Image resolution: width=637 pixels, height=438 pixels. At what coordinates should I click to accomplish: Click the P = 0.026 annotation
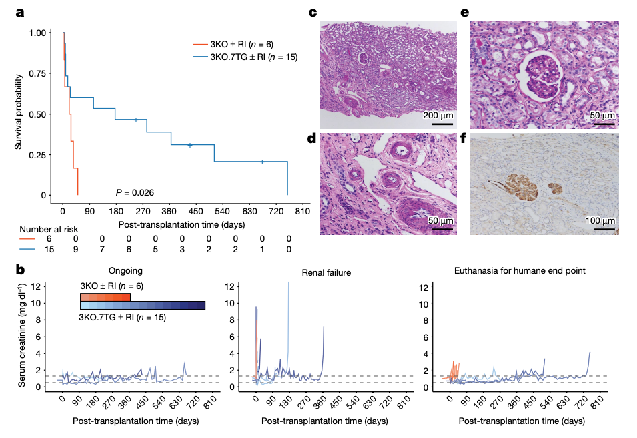[x=135, y=192]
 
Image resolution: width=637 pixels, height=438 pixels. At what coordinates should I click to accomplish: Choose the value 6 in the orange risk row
[x=49, y=238]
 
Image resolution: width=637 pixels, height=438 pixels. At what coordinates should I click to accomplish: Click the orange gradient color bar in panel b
[x=105, y=296]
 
